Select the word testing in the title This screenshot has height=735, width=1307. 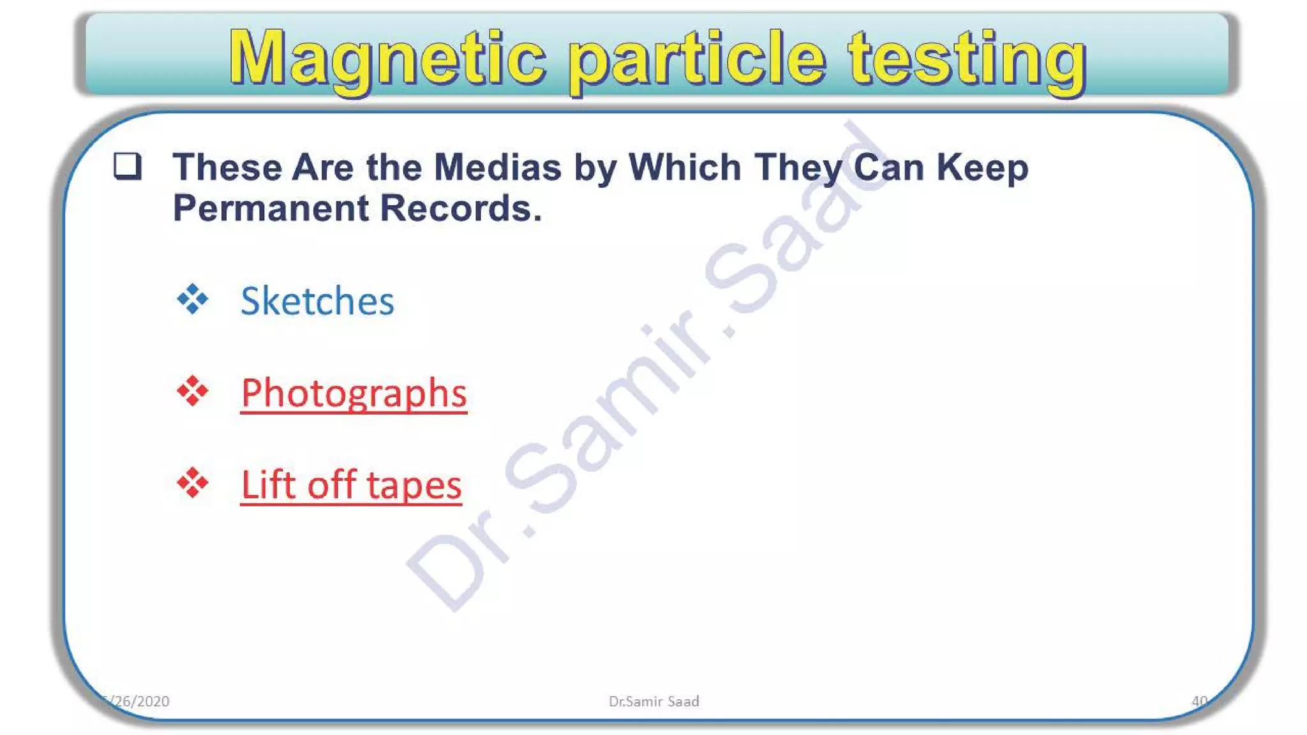click(x=966, y=60)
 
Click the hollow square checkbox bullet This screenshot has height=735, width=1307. click(x=127, y=167)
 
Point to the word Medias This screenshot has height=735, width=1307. click(x=497, y=167)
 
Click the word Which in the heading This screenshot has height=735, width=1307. click(x=685, y=167)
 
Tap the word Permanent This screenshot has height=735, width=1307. click(x=271, y=208)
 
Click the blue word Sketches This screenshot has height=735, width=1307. click(x=317, y=301)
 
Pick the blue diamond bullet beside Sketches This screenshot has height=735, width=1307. click(x=193, y=299)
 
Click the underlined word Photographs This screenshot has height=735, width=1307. click(x=354, y=393)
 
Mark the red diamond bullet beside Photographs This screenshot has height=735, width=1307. click(x=193, y=391)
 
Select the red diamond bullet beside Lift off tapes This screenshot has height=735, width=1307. click(x=193, y=483)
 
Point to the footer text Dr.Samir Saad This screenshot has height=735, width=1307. click(x=653, y=701)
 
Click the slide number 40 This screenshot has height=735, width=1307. click(x=1199, y=701)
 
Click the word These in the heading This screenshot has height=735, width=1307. click(x=227, y=167)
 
